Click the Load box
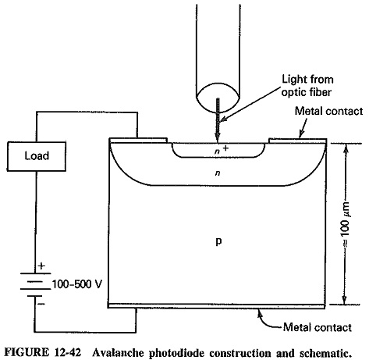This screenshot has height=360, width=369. click(37, 156)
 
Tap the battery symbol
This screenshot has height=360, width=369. click(35, 284)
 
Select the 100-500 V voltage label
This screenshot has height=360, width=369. click(77, 284)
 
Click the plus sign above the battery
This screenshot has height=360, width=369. click(41, 266)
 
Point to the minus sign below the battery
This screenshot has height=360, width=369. click(41, 304)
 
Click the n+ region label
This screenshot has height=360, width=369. click(222, 150)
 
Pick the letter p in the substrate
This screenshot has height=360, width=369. click(218, 241)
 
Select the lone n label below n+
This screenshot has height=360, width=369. click(218, 173)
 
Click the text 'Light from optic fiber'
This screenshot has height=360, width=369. click(307, 86)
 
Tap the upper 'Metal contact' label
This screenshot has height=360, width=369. click(328, 111)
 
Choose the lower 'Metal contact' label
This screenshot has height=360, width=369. click(318, 327)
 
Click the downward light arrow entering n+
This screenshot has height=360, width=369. click(218, 120)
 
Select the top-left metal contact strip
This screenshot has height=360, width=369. click(139, 141)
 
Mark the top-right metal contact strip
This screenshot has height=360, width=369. click(298, 141)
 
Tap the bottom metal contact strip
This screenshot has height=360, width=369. click(217, 306)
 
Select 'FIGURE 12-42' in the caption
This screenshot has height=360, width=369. click(43, 353)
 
